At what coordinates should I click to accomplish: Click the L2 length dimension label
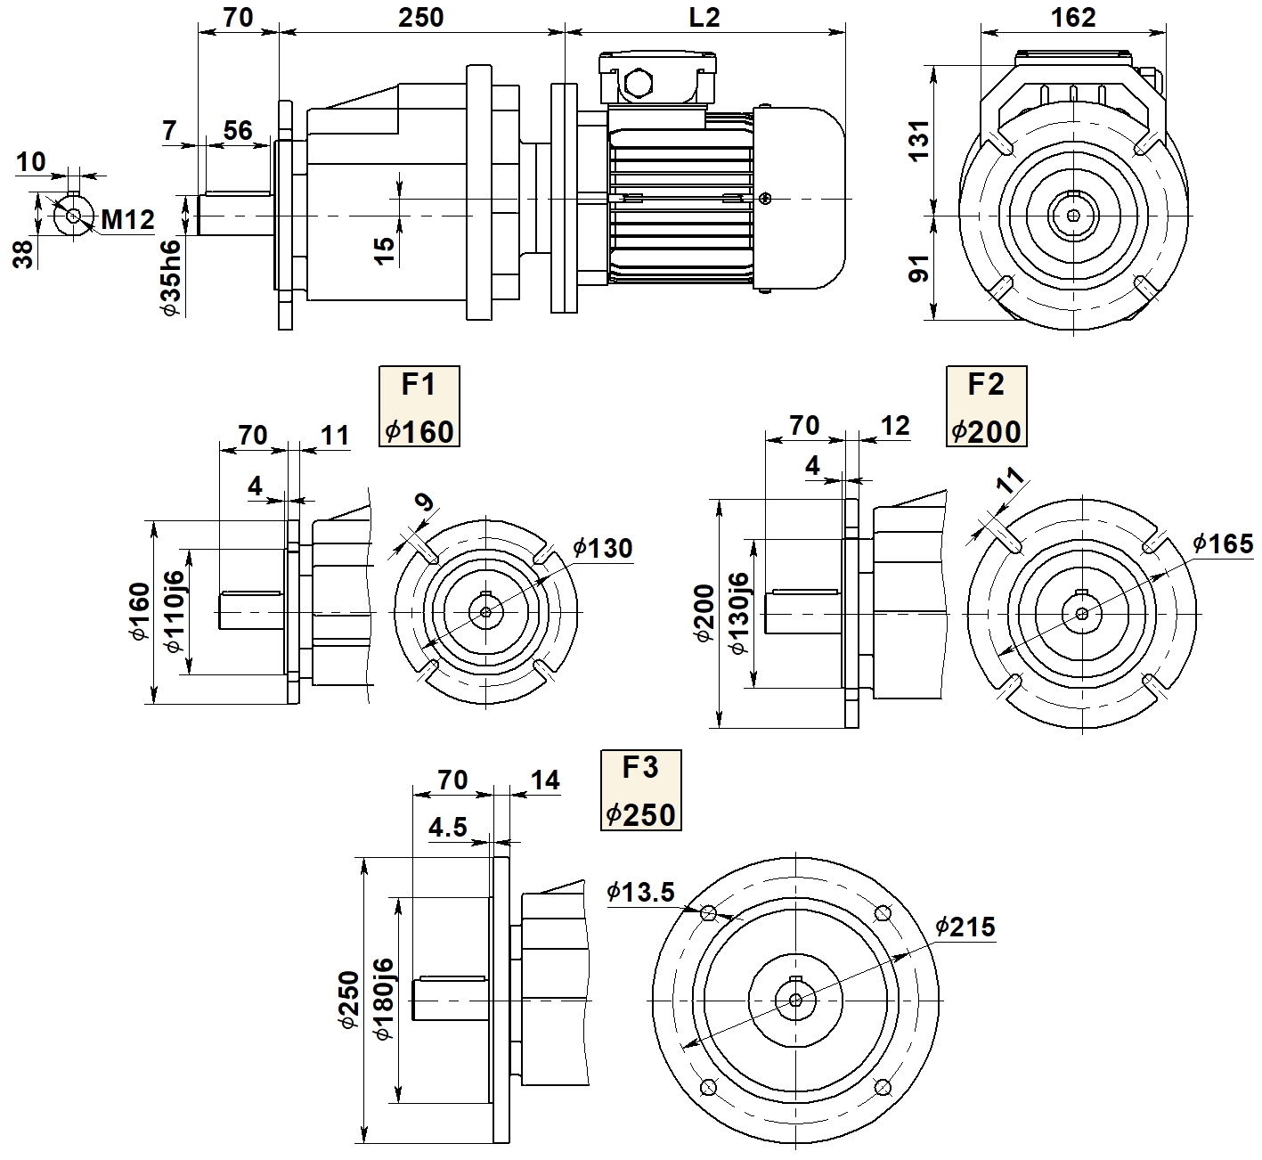point(705,18)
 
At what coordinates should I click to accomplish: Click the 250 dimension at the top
point(420,18)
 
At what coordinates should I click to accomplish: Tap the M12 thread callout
point(127,219)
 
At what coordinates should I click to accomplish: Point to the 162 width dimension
point(1073,17)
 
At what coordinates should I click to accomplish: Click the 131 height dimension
point(917,140)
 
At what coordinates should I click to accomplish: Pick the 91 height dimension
point(917,267)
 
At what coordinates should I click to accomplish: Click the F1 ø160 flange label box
point(419,406)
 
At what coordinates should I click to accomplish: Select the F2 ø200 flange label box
point(986,406)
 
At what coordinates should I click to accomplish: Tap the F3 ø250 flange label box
point(640,789)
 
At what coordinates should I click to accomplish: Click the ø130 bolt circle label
point(602,547)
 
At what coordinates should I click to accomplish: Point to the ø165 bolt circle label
point(1223,543)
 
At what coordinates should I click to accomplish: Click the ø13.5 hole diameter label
point(640,891)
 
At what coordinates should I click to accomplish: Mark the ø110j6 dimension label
point(174,611)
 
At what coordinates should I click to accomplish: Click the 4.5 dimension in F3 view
point(447,828)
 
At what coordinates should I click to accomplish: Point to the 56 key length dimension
point(237,131)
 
